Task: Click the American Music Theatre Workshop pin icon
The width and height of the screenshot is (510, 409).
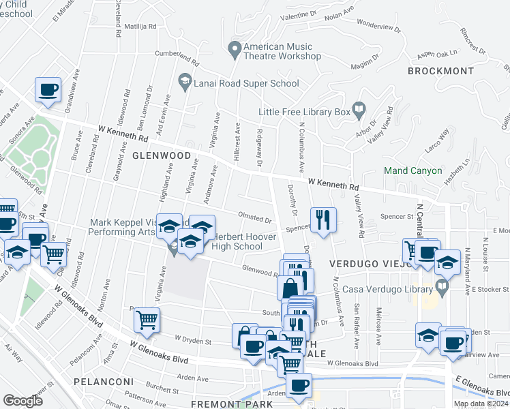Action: click(235, 48)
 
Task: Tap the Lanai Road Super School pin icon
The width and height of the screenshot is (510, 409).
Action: click(184, 81)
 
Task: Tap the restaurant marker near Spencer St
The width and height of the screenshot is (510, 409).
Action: click(323, 219)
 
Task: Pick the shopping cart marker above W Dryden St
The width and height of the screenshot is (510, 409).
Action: click(147, 319)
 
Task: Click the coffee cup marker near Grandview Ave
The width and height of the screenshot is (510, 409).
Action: click(48, 89)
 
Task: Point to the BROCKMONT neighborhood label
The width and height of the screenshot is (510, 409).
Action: click(440, 71)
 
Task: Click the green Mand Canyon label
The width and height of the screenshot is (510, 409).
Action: click(413, 170)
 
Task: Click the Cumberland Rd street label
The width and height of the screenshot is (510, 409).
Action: click(176, 58)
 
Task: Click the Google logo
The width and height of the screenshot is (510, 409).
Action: click(22, 400)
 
